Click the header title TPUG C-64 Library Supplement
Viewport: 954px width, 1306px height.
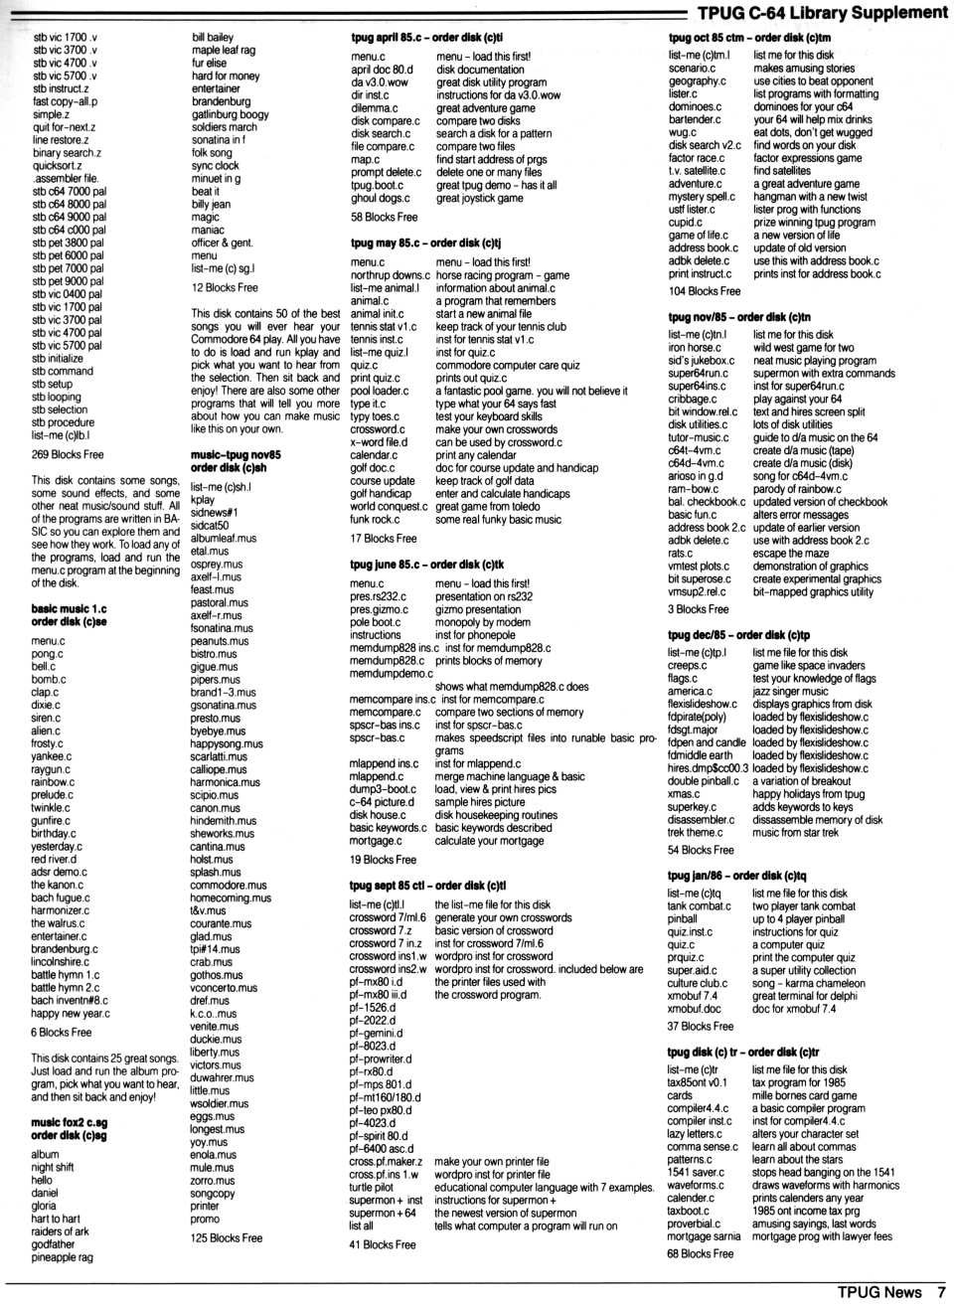click(x=822, y=13)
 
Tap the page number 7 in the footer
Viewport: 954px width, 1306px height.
click(x=941, y=1292)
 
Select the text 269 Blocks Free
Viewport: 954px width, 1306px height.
click(x=68, y=454)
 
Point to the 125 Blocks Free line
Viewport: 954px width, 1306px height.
click(x=227, y=1237)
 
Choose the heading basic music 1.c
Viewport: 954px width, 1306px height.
click(x=69, y=608)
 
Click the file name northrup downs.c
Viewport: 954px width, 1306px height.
click(x=390, y=275)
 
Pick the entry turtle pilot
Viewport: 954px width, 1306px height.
click(x=373, y=1187)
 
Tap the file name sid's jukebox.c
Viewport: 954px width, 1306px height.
click(x=701, y=361)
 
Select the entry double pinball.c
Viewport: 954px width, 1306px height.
click(x=704, y=780)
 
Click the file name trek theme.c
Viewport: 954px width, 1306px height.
click(x=696, y=832)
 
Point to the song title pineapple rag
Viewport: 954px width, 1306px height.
click(x=62, y=1257)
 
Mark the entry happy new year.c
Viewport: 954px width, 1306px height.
click(x=71, y=1014)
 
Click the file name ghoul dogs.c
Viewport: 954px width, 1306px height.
click(x=380, y=198)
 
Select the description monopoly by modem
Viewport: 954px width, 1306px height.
click(x=482, y=622)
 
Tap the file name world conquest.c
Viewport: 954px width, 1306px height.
click(x=389, y=506)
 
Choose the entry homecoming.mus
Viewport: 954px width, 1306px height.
click(x=231, y=898)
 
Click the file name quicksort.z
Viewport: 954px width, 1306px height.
click(x=58, y=166)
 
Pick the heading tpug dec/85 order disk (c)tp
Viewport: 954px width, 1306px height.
click(x=738, y=634)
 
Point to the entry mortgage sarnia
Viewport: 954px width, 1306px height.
click(x=704, y=1236)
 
